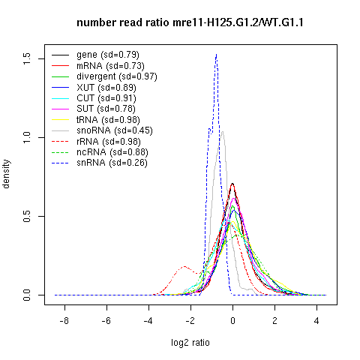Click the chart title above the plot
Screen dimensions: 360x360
tap(190, 22)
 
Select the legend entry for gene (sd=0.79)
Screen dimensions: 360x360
tap(108, 55)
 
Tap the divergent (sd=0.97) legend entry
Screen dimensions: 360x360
tap(117, 76)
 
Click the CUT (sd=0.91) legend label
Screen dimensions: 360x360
tap(106, 98)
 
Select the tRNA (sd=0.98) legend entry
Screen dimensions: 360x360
tap(108, 120)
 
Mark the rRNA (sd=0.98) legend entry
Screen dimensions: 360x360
tap(109, 142)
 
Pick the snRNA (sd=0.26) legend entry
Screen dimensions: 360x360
tap(112, 163)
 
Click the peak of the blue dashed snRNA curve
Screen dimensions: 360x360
tap(216, 54)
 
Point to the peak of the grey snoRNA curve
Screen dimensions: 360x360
tap(222, 132)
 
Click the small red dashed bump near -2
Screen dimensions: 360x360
tap(184, 266)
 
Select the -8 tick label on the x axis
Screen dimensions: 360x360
tap(64, 321)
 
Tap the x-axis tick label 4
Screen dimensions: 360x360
tap(316, 321)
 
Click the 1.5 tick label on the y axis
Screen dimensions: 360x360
tap(26, 59)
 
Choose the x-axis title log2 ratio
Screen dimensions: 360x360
tap(190, 343)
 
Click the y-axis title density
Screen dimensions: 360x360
tap(6, 174)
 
